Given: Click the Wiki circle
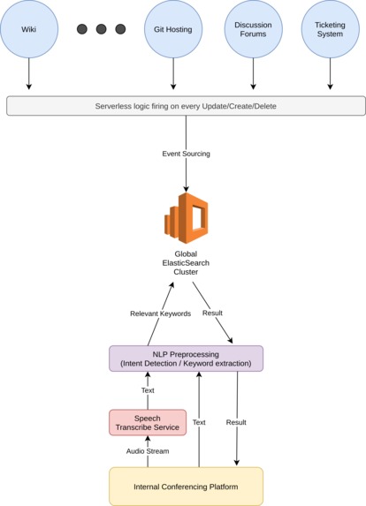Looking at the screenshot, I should click(28, 29).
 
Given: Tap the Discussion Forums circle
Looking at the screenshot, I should click(253, 29).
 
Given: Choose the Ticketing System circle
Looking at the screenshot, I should click(330, 29).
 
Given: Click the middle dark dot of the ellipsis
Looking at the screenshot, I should click(101, 29).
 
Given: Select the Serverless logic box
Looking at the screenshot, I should click(186, 106).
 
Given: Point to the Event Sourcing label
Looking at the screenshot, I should click(186, 154).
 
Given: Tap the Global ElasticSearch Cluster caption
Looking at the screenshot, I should click(186, 263).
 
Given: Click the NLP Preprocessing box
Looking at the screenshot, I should click(186, 358).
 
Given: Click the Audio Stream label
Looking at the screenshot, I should click(148, 450).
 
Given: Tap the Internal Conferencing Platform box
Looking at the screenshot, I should click(186, 486).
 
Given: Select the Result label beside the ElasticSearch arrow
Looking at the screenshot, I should click(213, 313).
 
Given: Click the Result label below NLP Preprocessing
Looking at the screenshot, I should click(237, 422).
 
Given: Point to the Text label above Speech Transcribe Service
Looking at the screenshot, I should click(148, 389).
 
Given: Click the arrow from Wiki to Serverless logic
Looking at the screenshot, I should click(28, 74).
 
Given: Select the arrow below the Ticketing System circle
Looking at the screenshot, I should click(330, 74).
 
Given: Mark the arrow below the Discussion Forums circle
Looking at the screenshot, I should click(253, 74).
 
